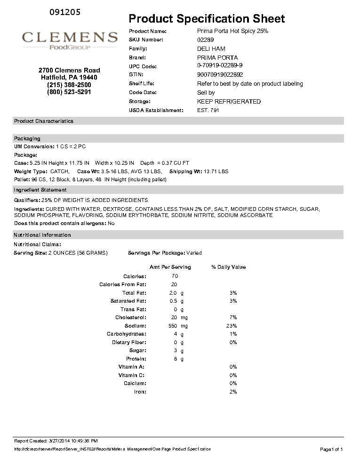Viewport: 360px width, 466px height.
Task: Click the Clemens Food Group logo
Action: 70,40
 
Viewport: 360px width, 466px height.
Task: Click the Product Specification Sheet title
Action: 207,19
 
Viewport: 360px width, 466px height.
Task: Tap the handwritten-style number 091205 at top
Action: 64,12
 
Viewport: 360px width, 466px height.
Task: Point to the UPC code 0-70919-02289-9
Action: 220,66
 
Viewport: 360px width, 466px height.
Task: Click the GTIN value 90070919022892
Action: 220,75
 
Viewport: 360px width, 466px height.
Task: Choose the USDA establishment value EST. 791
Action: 208,110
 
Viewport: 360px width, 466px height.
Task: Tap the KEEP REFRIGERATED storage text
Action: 229,102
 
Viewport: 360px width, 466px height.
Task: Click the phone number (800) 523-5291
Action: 69,92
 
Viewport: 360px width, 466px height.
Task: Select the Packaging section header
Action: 27,138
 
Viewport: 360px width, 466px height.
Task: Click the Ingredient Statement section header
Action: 40,190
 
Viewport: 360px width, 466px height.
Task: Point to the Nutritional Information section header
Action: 42,235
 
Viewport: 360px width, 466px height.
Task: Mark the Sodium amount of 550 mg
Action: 177,326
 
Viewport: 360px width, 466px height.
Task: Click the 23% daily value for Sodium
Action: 232,326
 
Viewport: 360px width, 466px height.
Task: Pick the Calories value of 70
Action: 175,276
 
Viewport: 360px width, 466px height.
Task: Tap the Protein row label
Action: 136,359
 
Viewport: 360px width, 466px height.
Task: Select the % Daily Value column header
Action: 228,267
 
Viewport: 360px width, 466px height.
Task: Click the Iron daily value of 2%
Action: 233,392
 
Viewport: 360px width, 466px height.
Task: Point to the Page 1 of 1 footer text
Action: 331,450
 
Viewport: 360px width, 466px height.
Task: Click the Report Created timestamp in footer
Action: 56,441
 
